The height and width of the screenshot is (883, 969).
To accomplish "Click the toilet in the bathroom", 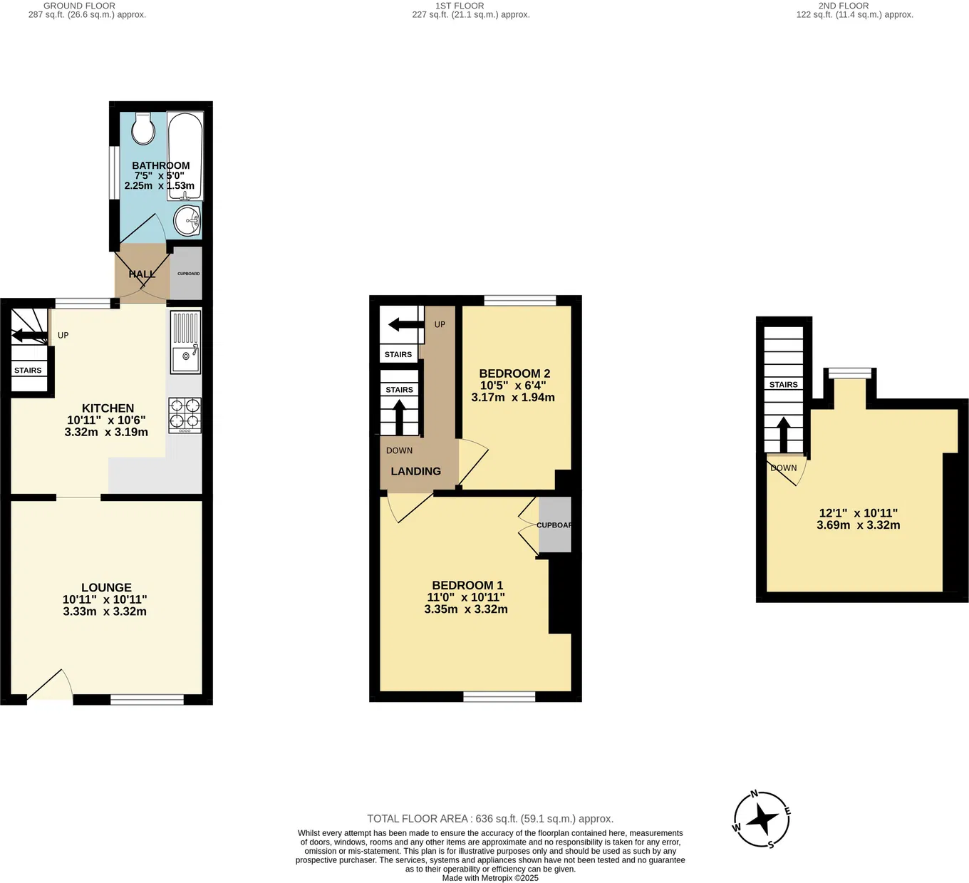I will (x=144, y=128).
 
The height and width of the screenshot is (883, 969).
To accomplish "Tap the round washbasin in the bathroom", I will (x=189, y=220).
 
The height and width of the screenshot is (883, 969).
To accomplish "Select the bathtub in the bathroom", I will (x=185, y=156).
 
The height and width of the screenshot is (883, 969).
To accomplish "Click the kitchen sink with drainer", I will (x=185, y=343).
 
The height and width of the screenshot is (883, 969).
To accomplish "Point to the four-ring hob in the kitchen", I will (x=185, y=415).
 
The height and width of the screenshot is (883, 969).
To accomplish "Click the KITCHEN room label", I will (x=108, y=408).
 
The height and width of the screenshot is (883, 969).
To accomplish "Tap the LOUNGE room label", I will (x=106, y=588).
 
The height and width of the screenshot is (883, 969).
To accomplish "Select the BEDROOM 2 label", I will (x=514, y=373).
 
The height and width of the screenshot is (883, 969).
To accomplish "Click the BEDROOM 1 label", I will (x=467, y=585).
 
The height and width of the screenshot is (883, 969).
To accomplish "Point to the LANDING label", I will (x=415, y=471).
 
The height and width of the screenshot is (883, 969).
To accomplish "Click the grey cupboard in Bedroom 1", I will (x=554, y=525).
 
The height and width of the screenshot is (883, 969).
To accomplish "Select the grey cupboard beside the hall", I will (x=187, y=273).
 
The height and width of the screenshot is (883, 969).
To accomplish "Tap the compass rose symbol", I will (x=762, y=820).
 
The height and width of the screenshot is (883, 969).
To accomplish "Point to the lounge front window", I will (x=147, y=700).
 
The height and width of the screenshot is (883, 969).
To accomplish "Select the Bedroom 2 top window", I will (x=520, y=301).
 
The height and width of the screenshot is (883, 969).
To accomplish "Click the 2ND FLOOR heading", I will (x=843, y=6).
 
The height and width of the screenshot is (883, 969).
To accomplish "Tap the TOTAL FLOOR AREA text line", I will (x=489, y=819).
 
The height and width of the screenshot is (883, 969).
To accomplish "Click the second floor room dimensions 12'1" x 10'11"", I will (x=858, y=513).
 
